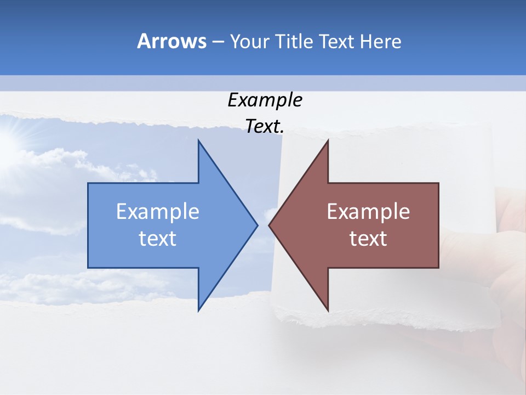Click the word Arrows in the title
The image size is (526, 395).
[171, 41]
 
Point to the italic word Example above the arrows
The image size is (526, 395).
[265, 100]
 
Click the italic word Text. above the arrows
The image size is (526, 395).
[265, 127]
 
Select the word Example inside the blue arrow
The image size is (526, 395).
[158, 212]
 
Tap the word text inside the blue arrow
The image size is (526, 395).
[158, 238]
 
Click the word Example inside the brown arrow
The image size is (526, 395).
[368, 212]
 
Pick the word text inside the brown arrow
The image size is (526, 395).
[368, 238]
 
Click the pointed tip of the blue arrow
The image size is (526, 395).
[257, 225]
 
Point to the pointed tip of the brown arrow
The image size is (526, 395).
[269, 225]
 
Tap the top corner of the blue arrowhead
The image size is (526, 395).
[198, 140]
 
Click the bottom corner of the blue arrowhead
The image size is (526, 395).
[198, 311]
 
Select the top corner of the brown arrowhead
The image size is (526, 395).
[328, 140]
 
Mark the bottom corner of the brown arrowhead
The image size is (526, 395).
[328, 311]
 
